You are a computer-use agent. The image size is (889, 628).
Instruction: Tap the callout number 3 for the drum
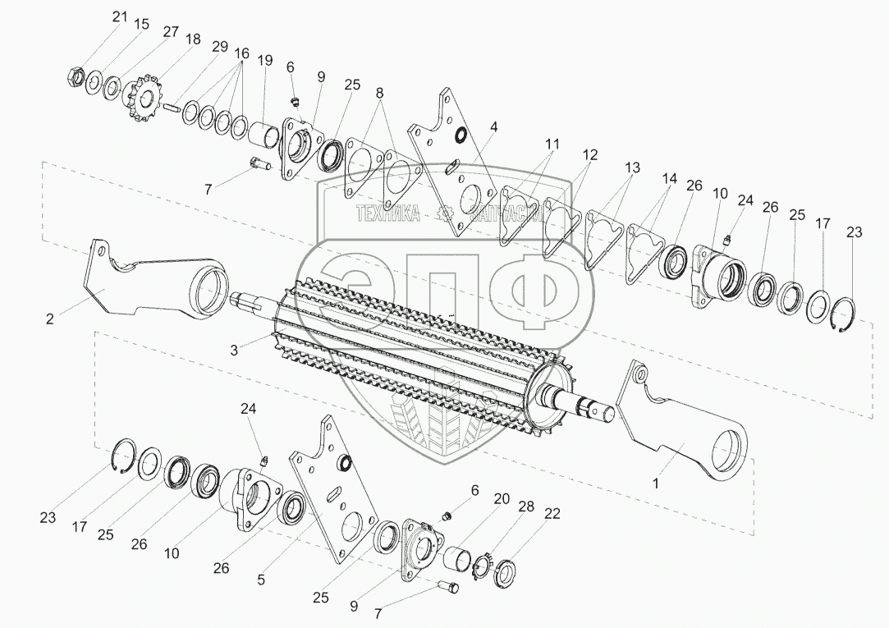point(234,351)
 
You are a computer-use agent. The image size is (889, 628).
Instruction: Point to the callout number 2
point(50,319)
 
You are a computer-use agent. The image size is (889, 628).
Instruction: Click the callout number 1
point(656,484)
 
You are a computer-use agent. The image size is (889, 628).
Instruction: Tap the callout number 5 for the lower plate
point(261,580)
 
